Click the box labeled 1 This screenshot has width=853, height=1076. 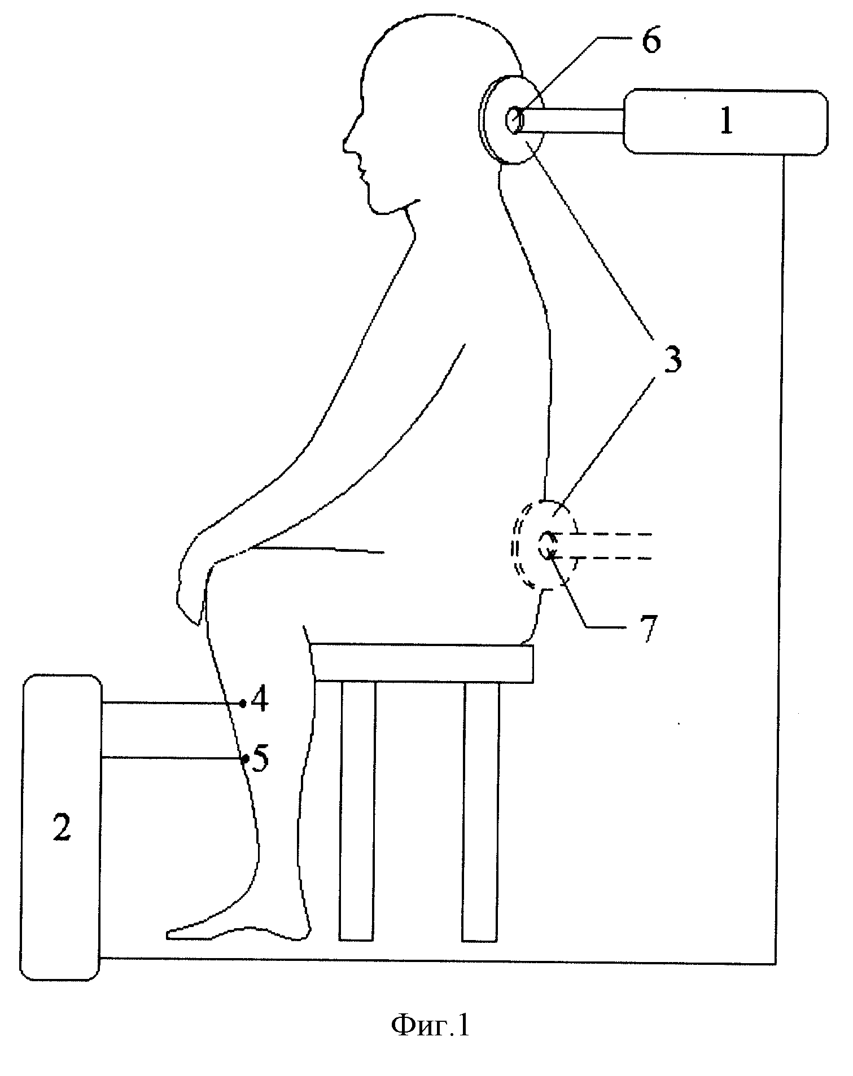click(x=725, y=121)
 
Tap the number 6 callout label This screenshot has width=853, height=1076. click(x=651, y=41)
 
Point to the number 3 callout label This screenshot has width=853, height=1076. click(x=672, y=359)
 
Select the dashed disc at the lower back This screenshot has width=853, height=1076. click(x=543, y=545)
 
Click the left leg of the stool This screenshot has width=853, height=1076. click(x=357, y=811)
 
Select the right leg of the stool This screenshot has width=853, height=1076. click(x=481, y=811)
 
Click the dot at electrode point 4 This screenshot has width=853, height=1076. click(x=242, y=703)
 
